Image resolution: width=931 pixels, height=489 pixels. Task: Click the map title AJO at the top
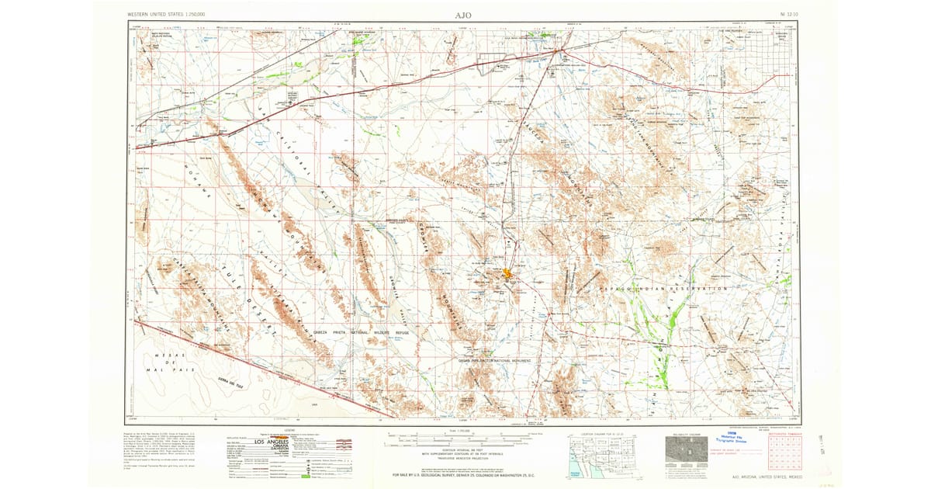pyautogui.click(x=463, y=15)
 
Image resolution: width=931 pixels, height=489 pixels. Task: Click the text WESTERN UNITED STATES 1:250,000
pyautogui.click(x=172, y=15)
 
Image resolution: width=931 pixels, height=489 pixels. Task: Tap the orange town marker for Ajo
pyautogui.click(x=507, y=275)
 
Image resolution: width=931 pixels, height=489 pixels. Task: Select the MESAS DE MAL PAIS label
pyautogui.click(x=168, y=362)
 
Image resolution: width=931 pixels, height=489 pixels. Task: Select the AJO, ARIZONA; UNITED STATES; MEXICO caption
pyautogui.click(x=762, y=477)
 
